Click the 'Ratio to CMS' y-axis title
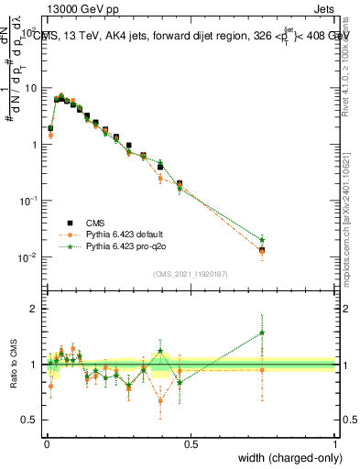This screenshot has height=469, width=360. [14, 364]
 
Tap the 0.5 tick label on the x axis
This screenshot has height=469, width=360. [191, 443]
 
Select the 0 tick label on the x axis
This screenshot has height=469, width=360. [47, 443]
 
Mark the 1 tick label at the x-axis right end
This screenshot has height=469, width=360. [334, 443]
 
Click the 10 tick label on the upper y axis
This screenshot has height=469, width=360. [29, 88]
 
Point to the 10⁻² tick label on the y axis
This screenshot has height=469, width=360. [27, 257]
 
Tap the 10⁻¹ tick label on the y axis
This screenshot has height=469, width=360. [27, 201]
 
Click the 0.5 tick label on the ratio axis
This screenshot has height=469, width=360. [29, 420]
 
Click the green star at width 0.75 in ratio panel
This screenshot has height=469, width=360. [262, 333]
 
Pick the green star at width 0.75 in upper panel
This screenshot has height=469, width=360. [262, 239]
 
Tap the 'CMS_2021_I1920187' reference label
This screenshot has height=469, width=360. [191, 272]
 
